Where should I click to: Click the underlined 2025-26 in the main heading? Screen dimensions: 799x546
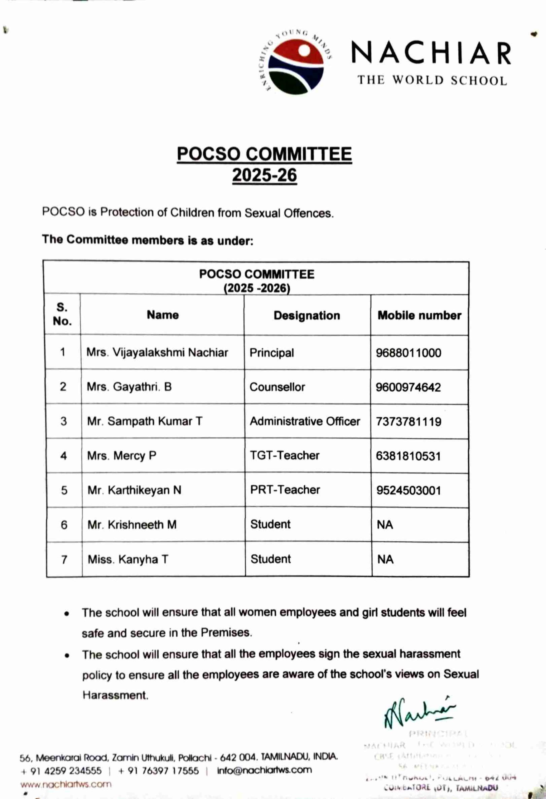(264, 175)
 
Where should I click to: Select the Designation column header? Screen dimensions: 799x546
(307, 315)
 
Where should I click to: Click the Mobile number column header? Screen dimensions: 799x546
(419, 315)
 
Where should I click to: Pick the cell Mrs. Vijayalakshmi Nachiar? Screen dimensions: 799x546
(157, 352)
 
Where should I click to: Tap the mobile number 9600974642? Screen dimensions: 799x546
(408, 387)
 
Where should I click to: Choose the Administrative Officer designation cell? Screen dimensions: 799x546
(305, 421)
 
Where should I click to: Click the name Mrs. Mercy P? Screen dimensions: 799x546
(122, 456)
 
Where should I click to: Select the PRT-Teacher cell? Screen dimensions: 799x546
(285, 490)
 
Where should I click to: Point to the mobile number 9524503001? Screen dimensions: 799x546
(408, 490)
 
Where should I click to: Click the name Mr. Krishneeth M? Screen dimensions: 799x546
(132, 525)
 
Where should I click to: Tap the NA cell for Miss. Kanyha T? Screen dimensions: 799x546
(385, 559)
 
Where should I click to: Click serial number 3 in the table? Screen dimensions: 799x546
(64, 421)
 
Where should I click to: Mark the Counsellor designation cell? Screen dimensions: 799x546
(277, 387)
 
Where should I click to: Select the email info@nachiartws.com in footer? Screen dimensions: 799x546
(264, 770)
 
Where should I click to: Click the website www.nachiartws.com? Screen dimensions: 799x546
(66, 784)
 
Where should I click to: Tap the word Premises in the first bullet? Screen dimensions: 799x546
(226, 633)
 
